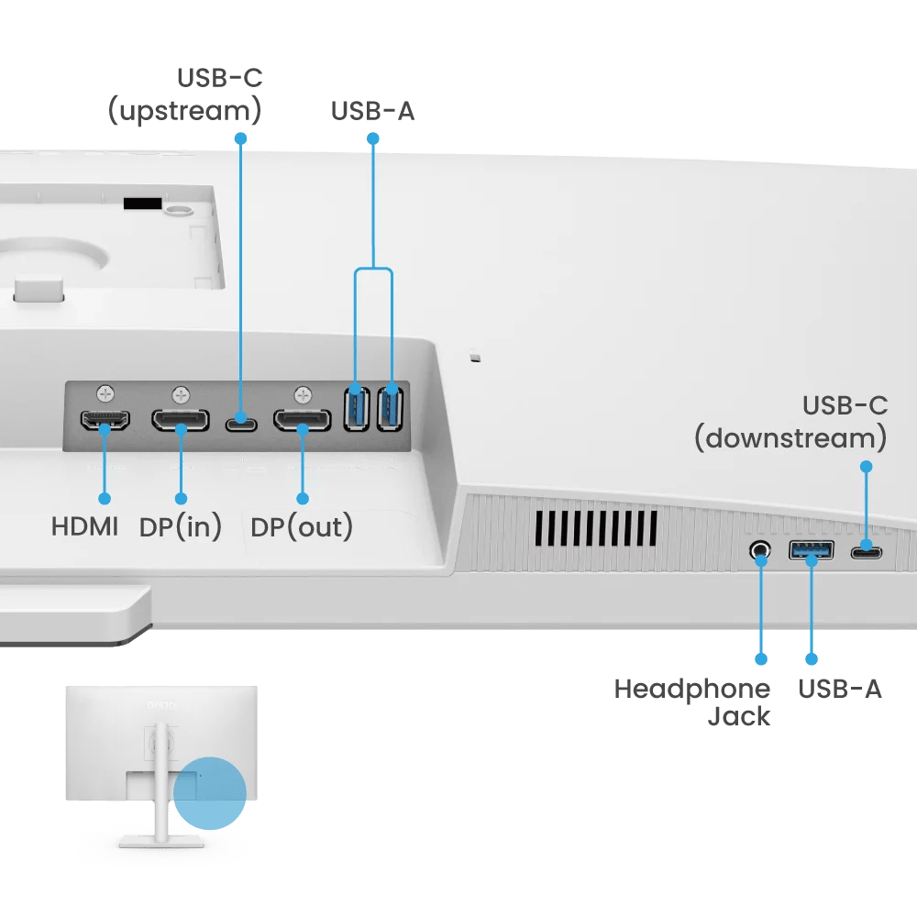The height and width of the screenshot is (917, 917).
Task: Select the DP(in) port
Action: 179,421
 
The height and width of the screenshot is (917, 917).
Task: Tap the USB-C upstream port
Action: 241,423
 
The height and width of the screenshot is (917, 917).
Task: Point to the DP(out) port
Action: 302,421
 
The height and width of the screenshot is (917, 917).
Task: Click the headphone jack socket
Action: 760,551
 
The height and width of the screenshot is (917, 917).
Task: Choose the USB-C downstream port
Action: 866,552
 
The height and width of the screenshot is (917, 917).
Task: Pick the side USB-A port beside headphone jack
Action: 811,550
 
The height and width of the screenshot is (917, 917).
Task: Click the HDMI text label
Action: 84,527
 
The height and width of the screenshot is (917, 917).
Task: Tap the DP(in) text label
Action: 181,527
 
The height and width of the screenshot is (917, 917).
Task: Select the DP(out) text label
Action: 302,527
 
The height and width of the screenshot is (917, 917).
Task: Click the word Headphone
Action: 691,689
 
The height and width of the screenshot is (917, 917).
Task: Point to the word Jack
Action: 738,716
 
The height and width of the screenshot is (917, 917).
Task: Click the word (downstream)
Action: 790,438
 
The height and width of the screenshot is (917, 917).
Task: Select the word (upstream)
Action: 184,111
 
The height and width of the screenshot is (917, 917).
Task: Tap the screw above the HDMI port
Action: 106,394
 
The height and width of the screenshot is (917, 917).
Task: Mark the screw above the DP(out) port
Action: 303,394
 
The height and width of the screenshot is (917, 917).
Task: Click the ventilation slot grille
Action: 596,529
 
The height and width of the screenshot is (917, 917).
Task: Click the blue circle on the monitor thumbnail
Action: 210,792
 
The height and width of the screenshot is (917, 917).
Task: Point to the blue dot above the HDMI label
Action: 104,498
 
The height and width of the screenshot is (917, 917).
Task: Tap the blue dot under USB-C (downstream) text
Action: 866,467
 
